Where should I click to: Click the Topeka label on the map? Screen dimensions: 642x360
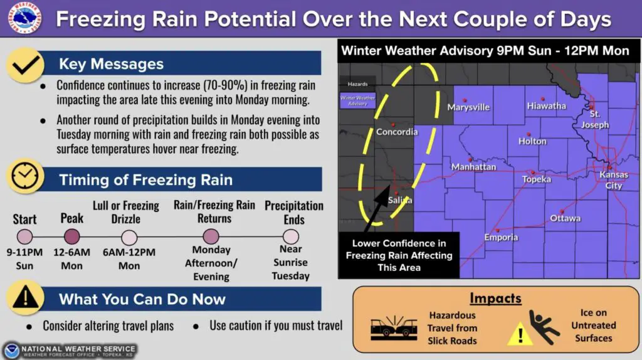[x=537, y=179]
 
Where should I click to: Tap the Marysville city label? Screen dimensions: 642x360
[x=468, y=107]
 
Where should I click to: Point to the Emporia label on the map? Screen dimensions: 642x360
[x=501, y=238]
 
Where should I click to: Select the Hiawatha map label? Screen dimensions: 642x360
[x=547, y=106]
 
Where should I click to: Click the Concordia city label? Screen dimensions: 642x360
[x=397, y=132]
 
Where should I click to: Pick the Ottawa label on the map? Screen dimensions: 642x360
[x=565, y=218]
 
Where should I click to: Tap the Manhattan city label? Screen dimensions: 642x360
[x=474, y=167]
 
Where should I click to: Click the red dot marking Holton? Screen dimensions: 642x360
[x=529, y=134]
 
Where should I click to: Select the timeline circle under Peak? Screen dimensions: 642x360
[x=72, y=236]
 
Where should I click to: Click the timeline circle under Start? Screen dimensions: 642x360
[x=24, y=236]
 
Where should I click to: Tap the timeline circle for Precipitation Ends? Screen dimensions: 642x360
[x=291, y=236]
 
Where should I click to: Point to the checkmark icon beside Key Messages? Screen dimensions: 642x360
[x=25, y=65]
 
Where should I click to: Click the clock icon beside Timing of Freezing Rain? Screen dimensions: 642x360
[x=25, y=176]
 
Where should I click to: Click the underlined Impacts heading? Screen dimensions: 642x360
[x=495, y=299]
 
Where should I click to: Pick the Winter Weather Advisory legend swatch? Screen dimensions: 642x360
[x=357, y=101]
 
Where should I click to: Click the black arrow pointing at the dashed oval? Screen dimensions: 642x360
[x=377, y=208]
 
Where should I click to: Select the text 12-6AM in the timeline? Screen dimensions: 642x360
[x=71, y=252]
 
